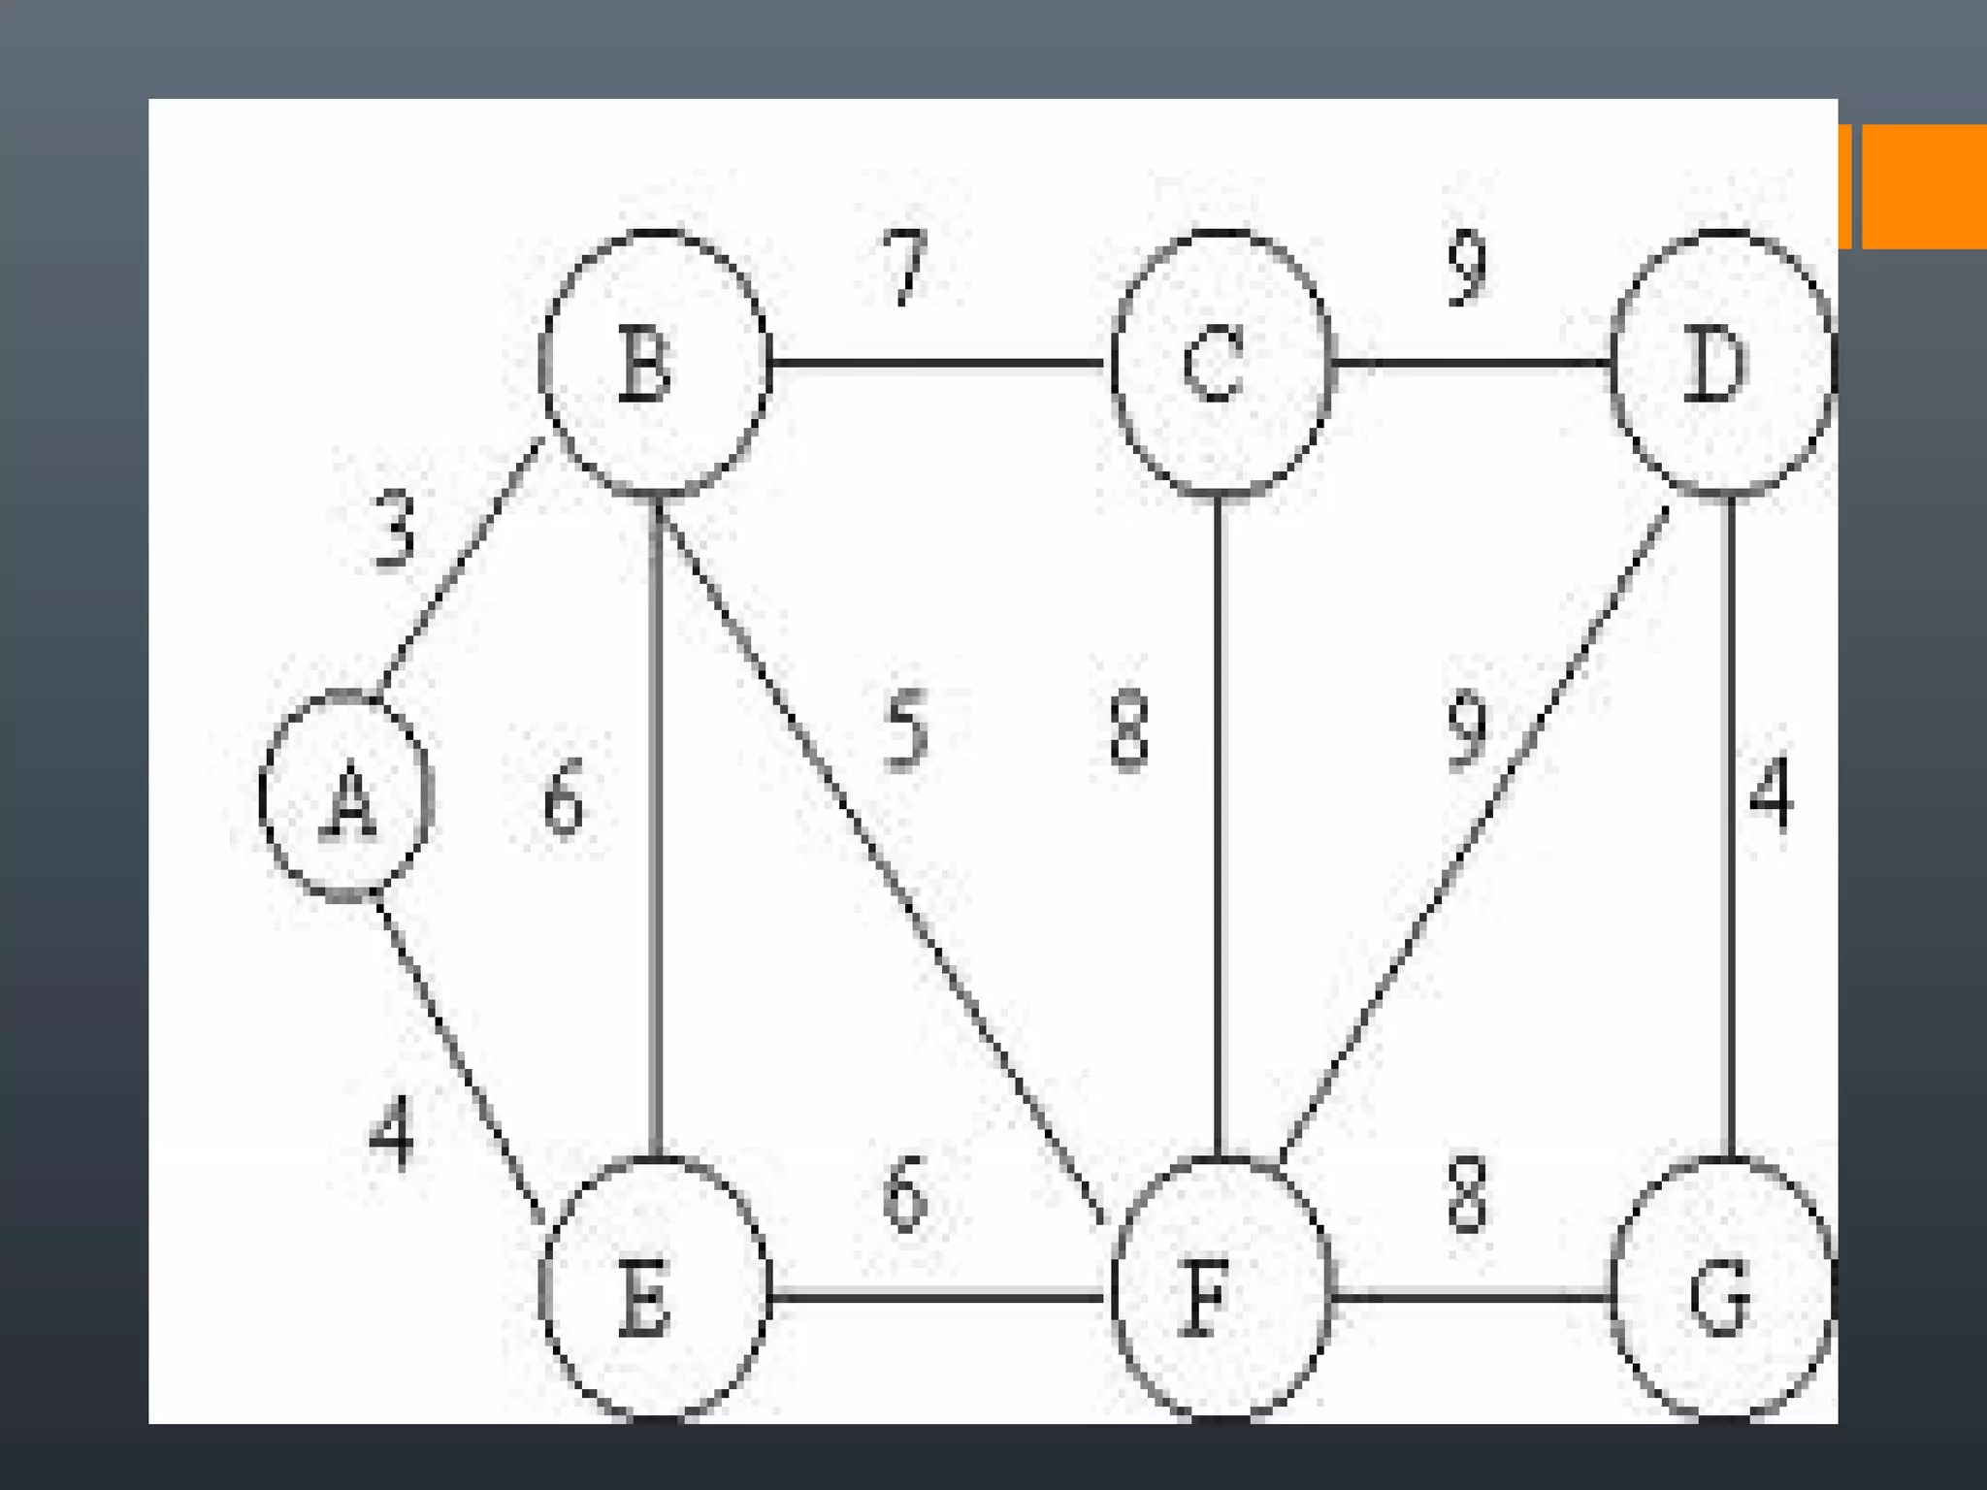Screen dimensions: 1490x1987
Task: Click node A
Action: click(346, 797)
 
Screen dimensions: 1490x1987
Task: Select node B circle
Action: click(655, 364)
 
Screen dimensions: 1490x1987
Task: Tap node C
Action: click(1221, 364)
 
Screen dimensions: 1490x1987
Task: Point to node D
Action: click(1723, 364)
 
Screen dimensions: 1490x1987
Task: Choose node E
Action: click(655, 1290)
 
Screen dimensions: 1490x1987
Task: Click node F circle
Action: click(1221, 1290)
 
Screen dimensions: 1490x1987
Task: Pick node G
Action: click(1723, 1290)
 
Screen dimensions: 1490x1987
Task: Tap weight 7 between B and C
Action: click(908, 267)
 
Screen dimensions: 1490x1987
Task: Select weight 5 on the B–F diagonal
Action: click(907, 729)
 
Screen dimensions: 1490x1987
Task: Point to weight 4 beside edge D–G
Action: click(1772, 794)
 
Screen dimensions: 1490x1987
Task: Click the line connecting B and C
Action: click(936, 364)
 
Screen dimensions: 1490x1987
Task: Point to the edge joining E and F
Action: click(936, 1296)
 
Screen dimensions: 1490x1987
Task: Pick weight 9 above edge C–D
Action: click(1467, 267)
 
